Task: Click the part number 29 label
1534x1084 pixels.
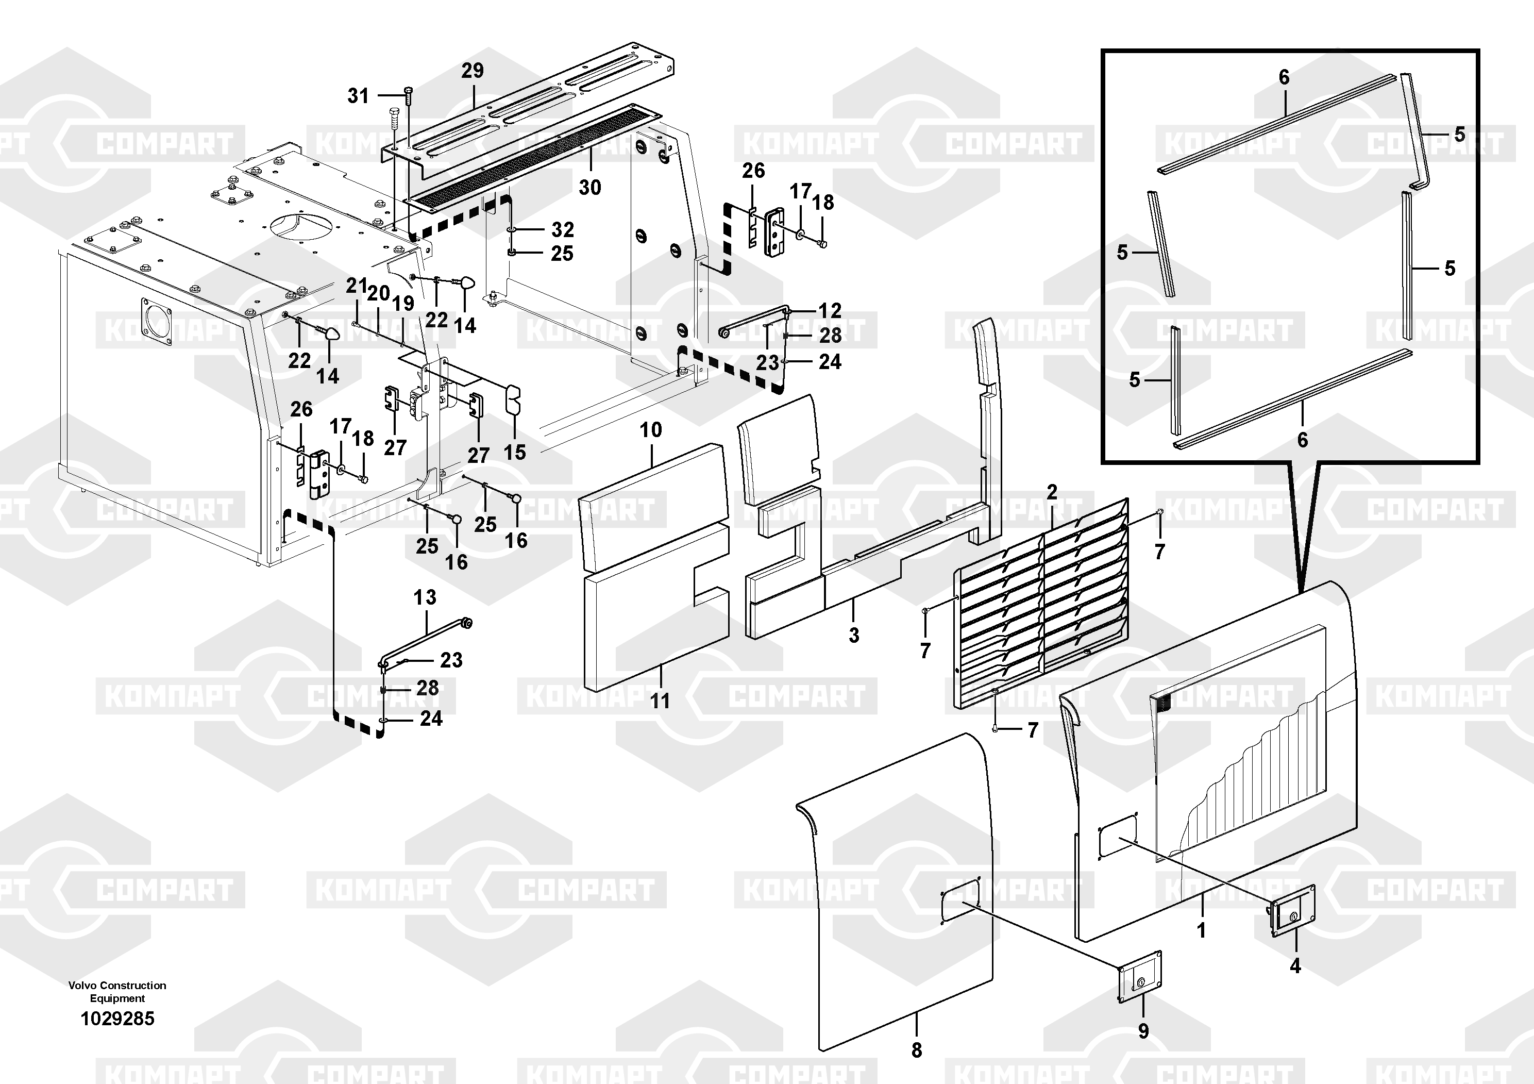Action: coord(473,70)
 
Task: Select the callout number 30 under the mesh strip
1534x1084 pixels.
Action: coord(589,188)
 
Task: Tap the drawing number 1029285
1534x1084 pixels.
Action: coord(117,1019)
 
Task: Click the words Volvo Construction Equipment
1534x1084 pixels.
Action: coord(117,992)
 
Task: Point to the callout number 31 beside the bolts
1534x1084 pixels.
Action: coord(358,96)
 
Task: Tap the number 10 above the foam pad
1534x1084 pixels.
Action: coord(651,430)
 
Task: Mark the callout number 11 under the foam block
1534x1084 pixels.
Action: coord(660,701)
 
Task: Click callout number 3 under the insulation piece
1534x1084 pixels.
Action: coord(854,636)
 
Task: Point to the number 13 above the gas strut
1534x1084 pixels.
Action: coord(425,597)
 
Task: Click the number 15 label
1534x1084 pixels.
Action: coord(514,453)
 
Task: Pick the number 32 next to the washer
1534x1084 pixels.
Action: coord(563,230)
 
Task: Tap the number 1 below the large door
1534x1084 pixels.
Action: coord(1201,930)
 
